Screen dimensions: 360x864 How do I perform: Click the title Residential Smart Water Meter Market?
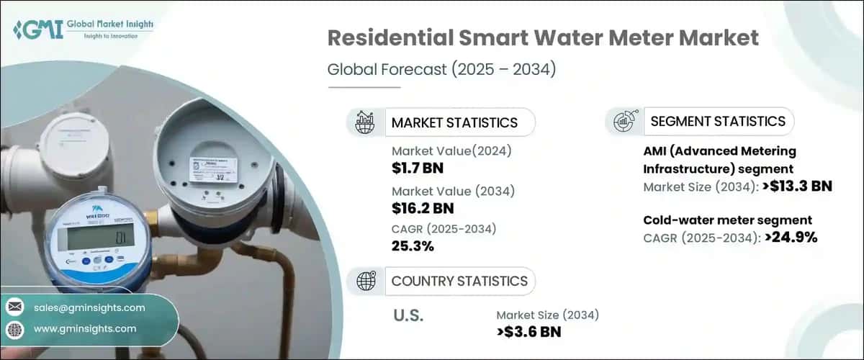coord(543,39)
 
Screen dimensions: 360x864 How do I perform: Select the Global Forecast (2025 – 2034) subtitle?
coord(442,70)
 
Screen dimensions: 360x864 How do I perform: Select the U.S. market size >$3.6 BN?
coord(528,332)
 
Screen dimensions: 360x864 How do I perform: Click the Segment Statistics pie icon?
coord(624,122)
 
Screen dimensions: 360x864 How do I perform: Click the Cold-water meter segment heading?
coord(726,220)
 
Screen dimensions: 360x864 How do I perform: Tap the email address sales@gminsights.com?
coord(89,307)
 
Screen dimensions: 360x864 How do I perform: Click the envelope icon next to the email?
coord(15,308)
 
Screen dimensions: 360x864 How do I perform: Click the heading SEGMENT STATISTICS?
coord(717,122)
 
